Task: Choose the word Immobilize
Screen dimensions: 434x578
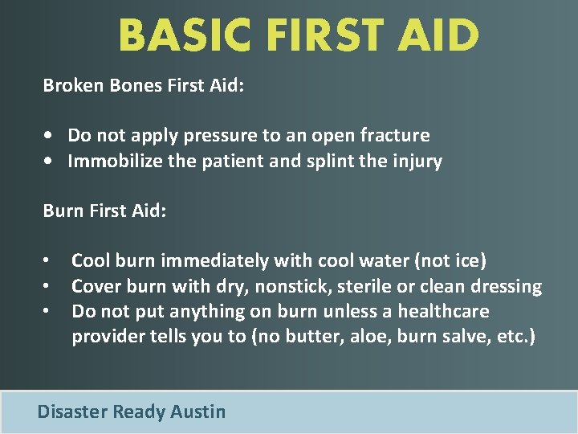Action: pos(113,162)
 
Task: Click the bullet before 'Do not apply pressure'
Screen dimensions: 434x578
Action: pos(50,136)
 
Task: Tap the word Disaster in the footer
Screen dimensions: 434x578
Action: pos(72,412)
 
